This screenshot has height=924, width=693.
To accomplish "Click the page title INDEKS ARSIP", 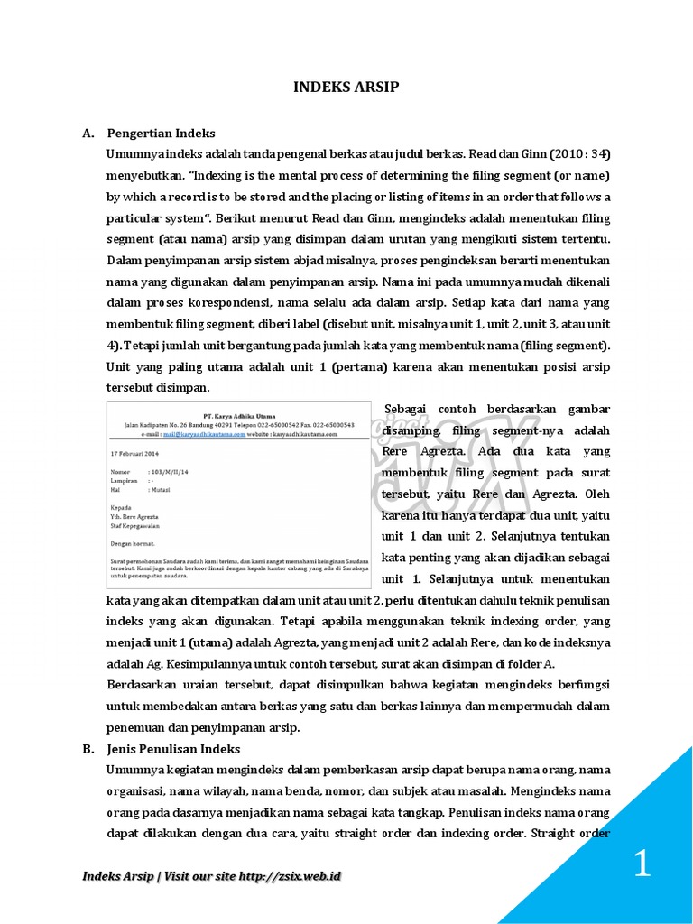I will (x=346, y=88).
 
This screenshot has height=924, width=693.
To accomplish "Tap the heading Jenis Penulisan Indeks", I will (x=172, y=749).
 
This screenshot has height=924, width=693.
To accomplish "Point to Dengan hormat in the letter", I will (x=132, y=543).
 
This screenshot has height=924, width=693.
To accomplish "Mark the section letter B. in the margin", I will (x=88, y=749).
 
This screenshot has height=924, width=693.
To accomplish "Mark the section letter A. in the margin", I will (x=88, y=133).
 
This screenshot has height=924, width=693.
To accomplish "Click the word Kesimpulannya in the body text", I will (x=184, y=664).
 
